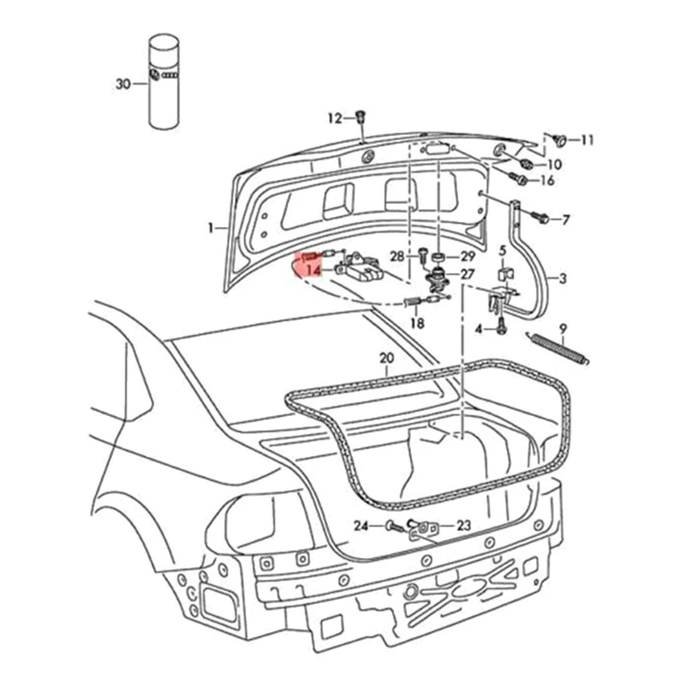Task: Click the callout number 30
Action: [122, 84]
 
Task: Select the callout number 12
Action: [334, 117]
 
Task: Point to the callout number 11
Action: [587, 140]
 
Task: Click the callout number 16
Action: [547, 180]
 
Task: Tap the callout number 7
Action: [566, 220]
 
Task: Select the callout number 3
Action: [563, 279]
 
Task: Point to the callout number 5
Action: [503, 250]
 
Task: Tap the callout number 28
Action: [397, 256]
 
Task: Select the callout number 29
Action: [467, 256]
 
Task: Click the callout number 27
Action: [467, 274]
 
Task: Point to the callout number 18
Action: [417, 323]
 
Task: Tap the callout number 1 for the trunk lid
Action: [209, 228]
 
